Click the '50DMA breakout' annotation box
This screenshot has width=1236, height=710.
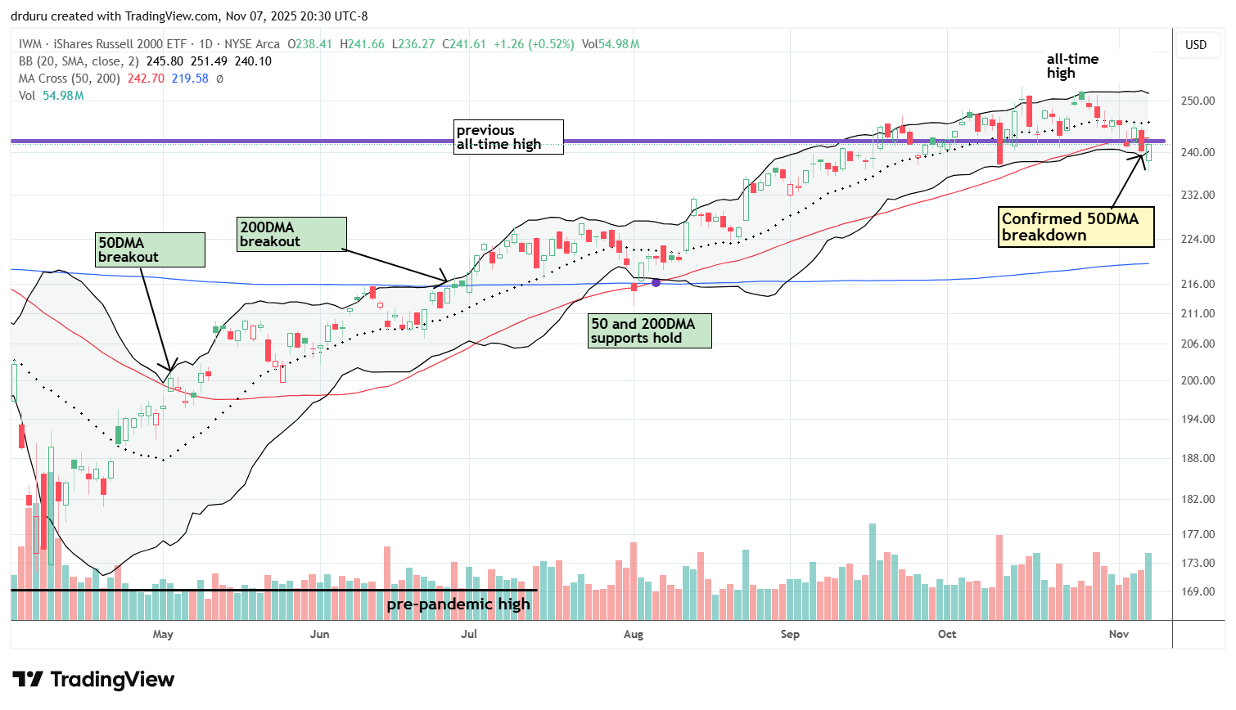coord(151,249)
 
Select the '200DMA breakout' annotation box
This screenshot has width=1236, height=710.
coord(291,234)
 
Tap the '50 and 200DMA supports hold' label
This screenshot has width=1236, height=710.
coord(649,331)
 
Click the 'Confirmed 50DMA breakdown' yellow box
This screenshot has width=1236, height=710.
coord(1076,227)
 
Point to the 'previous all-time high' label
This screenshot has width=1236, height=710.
coord(508,137)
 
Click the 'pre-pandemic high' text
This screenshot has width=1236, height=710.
coord(458,604)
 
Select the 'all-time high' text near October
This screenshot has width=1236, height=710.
coord(1072,65)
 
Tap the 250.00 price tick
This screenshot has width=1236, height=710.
coord(1198,101)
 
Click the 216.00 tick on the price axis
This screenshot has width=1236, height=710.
coord(1198,284)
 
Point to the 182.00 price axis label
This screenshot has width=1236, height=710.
coord(1198,499)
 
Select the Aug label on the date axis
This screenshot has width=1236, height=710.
coord(634,634)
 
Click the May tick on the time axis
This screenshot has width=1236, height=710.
coord(163,634)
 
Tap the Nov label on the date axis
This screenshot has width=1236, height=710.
coord(1119,634)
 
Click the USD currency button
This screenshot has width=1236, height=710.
coord(1196,45)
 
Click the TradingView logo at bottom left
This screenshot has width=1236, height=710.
coord(93,680)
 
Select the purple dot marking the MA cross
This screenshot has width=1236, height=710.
coord(656,282)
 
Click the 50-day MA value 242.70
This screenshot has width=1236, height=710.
coord(147,79)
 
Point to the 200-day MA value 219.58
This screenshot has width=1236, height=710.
coord(190,79)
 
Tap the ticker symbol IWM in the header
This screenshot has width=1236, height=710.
coord(29,44)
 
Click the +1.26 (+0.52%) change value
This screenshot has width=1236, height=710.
coord(534,44)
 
